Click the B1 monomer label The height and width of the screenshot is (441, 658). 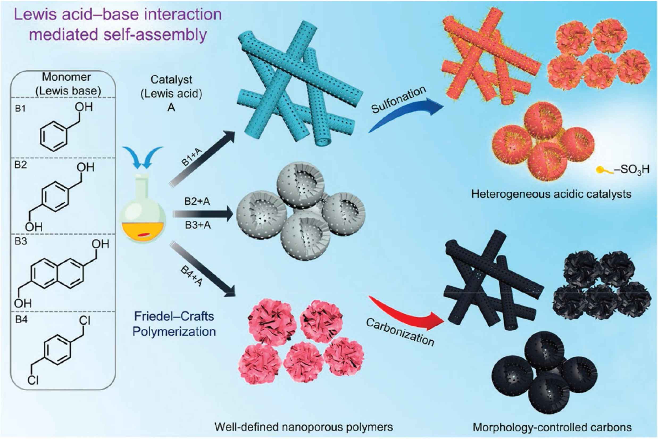click(x=20, y=109)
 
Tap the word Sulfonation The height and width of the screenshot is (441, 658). click(x=399, y=100)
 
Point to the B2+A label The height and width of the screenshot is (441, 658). click(x=197, y=202)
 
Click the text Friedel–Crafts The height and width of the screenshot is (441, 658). click(x=174, y=316)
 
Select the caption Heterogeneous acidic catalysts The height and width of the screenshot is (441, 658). click(x=551, y=194)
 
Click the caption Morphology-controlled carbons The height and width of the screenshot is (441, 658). click(x=552, y=427)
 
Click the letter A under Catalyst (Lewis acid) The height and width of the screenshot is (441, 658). click(x=171, y=108)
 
